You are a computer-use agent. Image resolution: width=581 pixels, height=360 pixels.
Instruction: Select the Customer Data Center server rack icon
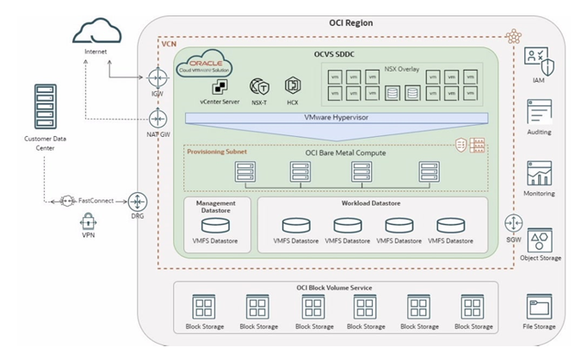(x=43, y=107)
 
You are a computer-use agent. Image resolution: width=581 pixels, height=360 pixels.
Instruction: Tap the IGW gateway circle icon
(x=157, y=78)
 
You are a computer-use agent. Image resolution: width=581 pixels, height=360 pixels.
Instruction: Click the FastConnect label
(x=97, y=200)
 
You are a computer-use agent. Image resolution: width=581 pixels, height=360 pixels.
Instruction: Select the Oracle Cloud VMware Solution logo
(x=207, y=65)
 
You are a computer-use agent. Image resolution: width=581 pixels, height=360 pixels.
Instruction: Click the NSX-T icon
(x=257, y=86)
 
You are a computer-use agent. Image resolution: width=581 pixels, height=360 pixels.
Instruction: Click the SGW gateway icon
(x=513, y=226)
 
